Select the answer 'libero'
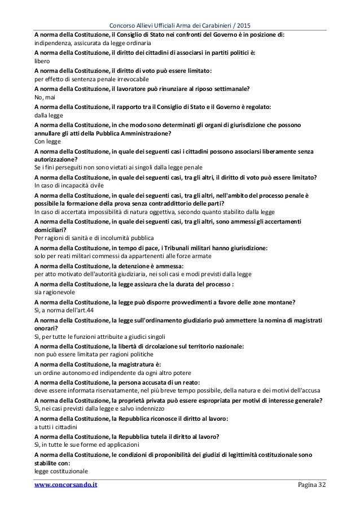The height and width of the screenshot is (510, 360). pyautogui.click(x=42, y=60)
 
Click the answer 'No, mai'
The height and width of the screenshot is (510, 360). pyautogui.click(x=46, y=97)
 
